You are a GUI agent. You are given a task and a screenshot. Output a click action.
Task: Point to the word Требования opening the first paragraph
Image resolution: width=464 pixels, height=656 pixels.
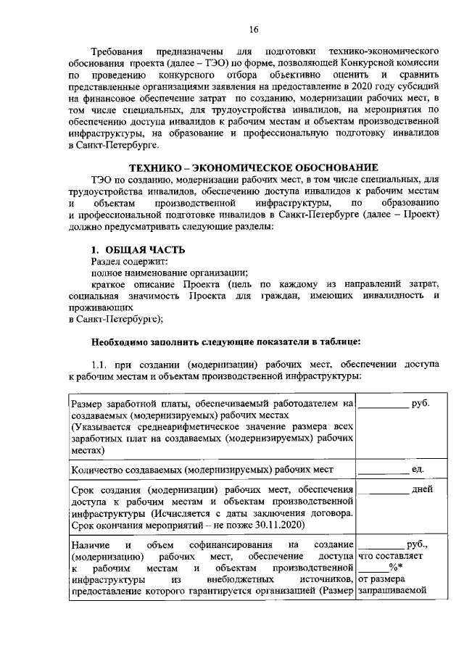(117, 52)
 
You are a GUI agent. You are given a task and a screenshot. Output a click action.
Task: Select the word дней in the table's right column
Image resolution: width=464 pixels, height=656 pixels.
(416, 490)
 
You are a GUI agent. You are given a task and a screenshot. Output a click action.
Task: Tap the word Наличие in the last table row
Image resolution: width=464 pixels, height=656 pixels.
(90, 545)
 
